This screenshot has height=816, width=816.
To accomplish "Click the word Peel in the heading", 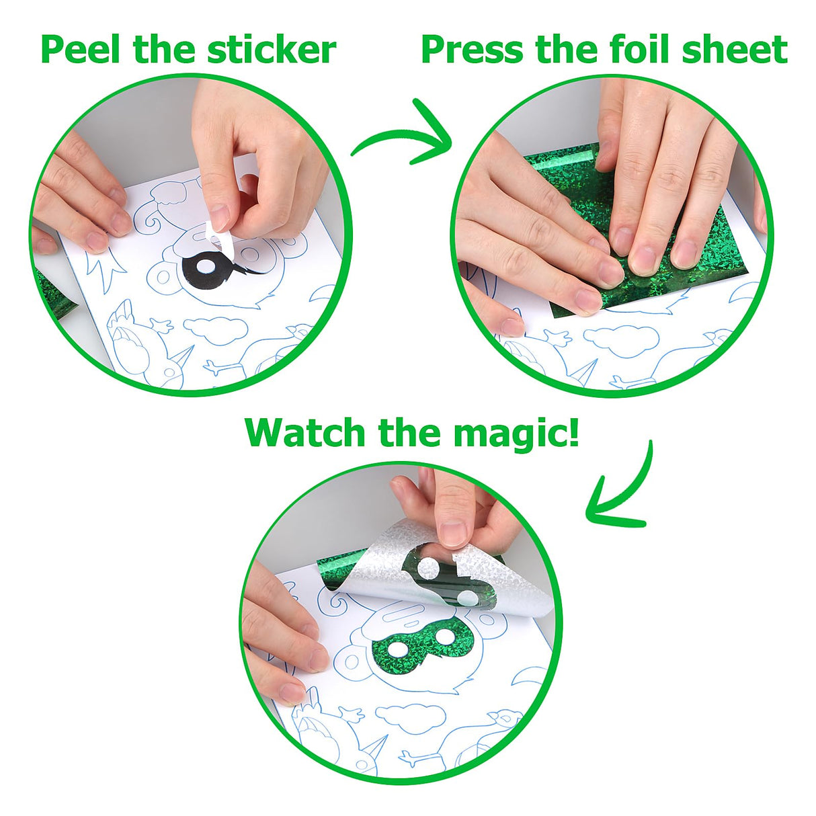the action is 80,50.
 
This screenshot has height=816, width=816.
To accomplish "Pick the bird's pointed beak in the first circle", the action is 184,356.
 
